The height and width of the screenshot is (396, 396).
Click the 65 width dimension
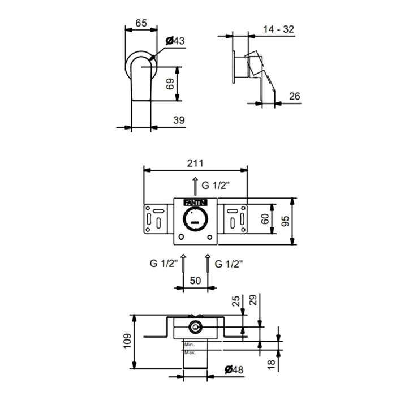pyautogui.click(x=141, y=23)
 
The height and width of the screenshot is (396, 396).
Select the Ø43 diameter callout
pyautogui.click(x=175, y=41)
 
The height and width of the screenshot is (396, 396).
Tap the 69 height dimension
pyautogui.click(x=170, y=84)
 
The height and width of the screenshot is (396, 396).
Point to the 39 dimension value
pyautogui.click(x=179, y=120)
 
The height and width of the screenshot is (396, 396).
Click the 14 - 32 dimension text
pyautogui.click(x=279, y=29)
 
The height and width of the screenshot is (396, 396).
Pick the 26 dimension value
pyautogui.click(x=295, y=96)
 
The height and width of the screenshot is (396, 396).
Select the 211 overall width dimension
pyautogui.click(x=195, y=163)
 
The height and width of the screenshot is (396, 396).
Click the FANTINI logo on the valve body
pyautogui.click(x=195, y=203)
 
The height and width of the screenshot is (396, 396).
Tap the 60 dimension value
pyautogui.click(x=265, y=219)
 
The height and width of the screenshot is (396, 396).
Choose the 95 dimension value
pyautogui.click(x=286, y=221)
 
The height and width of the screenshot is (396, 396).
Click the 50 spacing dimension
pyautogui.click(x=195, y=281)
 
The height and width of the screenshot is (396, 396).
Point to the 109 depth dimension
pyautogui.click(x=127, y=341)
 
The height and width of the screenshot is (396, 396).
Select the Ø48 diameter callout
pyautogui.click(x=234, y=370)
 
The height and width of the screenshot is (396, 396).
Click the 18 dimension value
pyautogui.click(x=271, y=365)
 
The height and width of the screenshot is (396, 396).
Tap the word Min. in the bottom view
pyautogui.click(x=190, y=345)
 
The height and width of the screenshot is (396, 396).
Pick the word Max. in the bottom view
pyautogui.click(x=190, y=352)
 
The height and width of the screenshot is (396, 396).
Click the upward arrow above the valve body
pyautogui.click(x=195, y=186)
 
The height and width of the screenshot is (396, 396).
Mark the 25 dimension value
pyautogui.click(x=236, y=301)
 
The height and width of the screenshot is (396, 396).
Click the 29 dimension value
pyautogui.click(x=253, y=300)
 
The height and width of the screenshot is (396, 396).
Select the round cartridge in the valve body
pyautogui.click(x=196, y=219)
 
